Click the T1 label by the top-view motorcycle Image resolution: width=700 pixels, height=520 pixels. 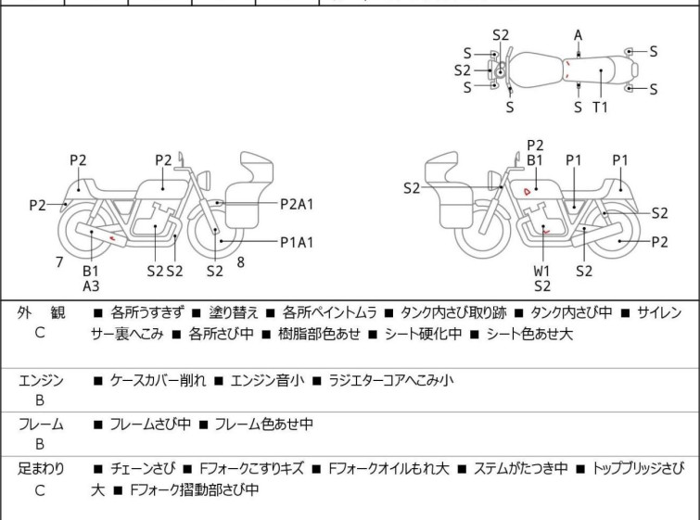[x=600, y=108]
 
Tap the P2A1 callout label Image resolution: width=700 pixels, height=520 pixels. [x=299, y=203]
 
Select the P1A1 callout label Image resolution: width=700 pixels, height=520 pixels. [x=298, y=242]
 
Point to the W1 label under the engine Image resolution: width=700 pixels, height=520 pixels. [x=542, y=272]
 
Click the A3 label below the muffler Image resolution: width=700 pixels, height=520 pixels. [x=91, y=286]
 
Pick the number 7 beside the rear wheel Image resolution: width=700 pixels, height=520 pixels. [x=59, y=262]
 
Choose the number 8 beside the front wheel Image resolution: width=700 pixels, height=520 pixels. [x=240, y=262]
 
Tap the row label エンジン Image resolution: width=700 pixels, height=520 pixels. [x=41, y=380]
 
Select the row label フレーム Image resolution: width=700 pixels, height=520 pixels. [x=41, y=425]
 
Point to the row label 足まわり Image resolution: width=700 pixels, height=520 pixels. [x=41, y=469]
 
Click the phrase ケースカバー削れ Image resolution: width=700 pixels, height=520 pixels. [x=157, y=380]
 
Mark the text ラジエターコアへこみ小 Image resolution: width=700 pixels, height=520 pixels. [x=388, y=380]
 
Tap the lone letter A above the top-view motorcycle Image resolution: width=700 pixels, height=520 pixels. [x=578, y=35]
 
